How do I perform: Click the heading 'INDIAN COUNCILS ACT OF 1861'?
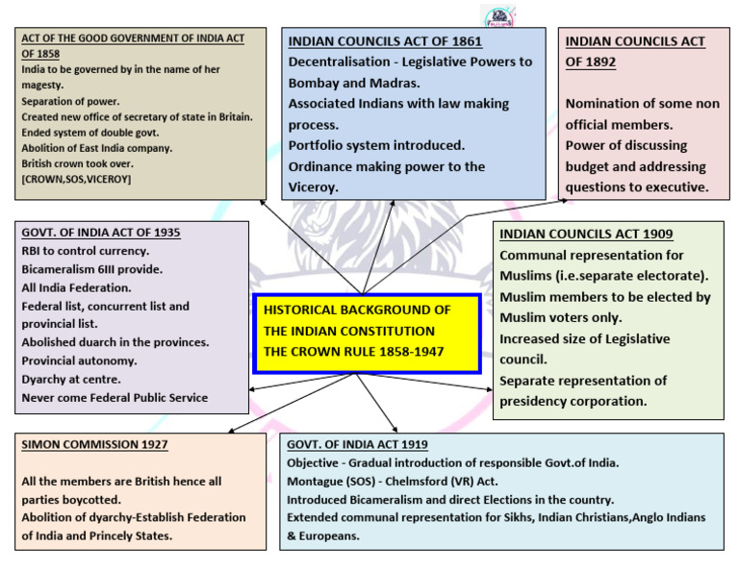[385, 41]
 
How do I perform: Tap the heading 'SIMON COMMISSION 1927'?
[94, 444]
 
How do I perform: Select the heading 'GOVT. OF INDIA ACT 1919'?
[357, 444]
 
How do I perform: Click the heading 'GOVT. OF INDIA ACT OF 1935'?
[100, 232]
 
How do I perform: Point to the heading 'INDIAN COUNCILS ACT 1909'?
[586, 234]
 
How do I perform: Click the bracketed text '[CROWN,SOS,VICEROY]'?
[76, 179]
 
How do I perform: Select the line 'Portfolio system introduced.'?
[376, 145]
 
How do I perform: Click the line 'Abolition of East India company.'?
[96, 148]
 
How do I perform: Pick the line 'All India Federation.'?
[76, 287]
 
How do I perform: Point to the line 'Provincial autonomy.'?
[79, 360]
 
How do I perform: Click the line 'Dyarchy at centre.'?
[70, 379]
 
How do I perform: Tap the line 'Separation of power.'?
[70, 101]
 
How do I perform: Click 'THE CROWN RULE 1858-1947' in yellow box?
[353, 351]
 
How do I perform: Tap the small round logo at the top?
[497, 15]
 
